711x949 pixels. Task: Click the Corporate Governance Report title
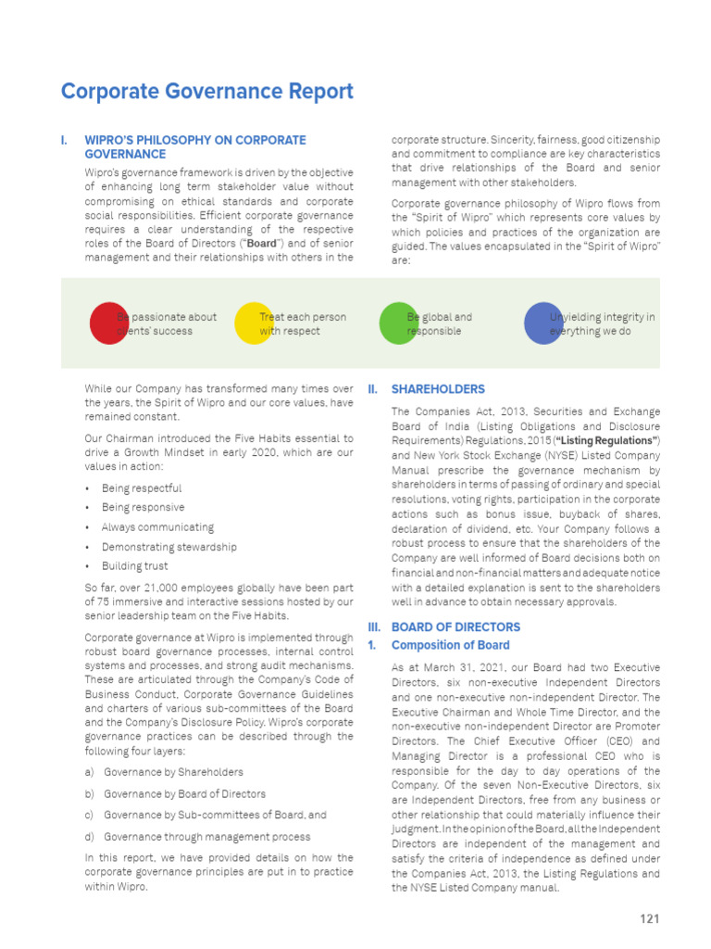[x=206, y=92]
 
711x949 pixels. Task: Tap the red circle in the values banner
[x=108, y=323]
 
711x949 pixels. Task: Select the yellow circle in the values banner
[x=254, y=323]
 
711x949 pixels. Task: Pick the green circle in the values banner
[x=398, y=323]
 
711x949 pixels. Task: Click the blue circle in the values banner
[x=543, y=323]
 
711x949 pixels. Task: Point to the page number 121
[x=649, y=919]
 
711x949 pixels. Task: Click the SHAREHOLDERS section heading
[x=438, y=389]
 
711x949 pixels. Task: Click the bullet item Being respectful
[x=142, y=488]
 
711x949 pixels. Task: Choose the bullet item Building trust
[x=135, y=566]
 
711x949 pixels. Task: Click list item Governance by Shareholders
[x=173, y=772]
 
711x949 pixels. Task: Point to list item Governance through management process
[x=206, y=837]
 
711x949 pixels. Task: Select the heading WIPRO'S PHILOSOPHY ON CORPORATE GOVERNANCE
[x=194, y=147]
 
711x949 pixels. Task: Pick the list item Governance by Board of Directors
[x=184, y=794]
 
